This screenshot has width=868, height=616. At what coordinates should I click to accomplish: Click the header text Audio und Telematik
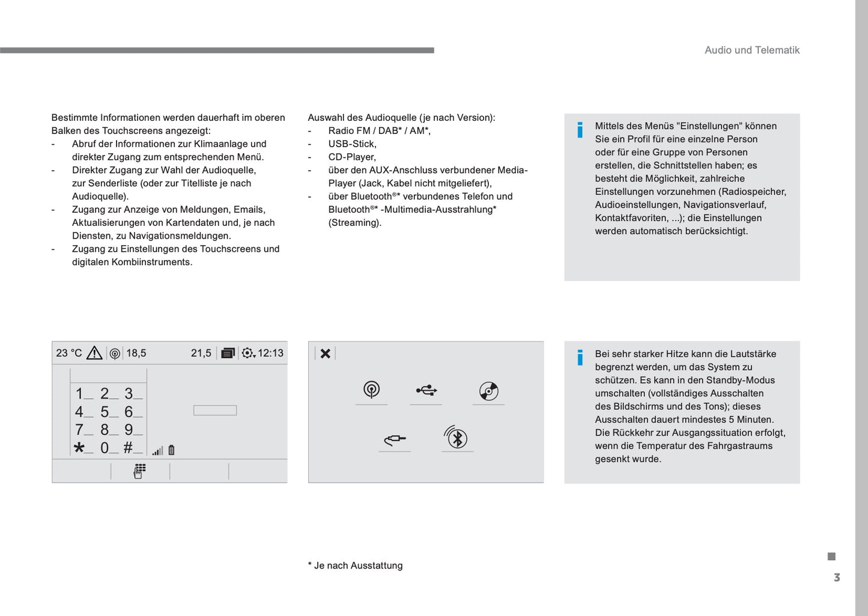pos(751,50)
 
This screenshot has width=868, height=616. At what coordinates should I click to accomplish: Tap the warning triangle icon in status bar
pos(94,353)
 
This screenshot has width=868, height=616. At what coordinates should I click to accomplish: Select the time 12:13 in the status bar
pos(270,353)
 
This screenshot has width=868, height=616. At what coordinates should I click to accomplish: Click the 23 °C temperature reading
pos(68,353)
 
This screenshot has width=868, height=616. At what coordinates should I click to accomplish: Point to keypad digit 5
pos(105,412)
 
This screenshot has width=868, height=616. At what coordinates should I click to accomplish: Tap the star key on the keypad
pos(79,448)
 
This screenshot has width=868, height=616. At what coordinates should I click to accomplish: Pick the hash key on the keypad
pos(128,448)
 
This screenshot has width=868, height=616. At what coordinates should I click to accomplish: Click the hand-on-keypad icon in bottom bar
pos(139,471)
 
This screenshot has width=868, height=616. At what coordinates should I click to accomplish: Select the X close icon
pos(325,353)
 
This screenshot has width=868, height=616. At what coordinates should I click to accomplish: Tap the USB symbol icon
pos(426,391)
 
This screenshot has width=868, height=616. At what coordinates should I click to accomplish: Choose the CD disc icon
pos(488,391)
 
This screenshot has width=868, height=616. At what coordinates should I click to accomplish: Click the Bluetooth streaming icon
pos(457,438)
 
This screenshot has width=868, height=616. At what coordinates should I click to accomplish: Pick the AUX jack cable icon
pos(395,439)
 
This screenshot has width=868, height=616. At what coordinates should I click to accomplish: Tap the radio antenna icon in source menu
pos(371,390)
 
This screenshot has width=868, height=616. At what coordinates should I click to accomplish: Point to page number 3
pos(837,578)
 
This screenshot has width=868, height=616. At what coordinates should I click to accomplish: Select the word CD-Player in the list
pos(352,157)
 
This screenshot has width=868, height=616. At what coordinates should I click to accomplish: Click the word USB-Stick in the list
pos(352,144)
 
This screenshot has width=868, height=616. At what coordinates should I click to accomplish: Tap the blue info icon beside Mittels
pos(580,130)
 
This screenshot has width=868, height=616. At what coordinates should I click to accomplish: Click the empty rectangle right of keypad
pos(215,410)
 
